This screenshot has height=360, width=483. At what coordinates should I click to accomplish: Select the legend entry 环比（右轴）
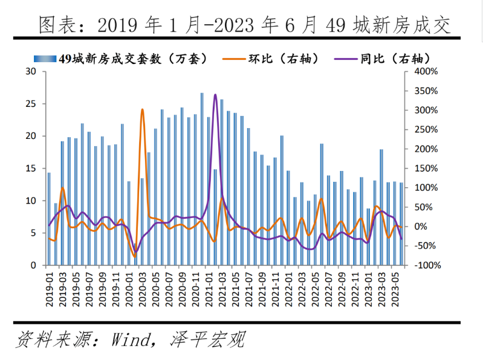pyautogui.click(x=278, y=59)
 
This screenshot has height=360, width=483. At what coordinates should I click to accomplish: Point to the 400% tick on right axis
pyautogui.click(x=426, y=72)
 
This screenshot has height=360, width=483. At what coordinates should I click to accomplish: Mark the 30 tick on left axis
pyautogui.click(x=31, y=72)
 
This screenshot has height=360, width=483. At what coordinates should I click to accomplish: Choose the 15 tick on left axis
pyautogui.click(x=31, y=169)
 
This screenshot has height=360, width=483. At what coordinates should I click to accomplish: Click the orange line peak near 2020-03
pyautogui.click(x=143, y=110)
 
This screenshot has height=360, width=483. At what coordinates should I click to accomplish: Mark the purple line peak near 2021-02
pyautogui.click(x=215, y=95)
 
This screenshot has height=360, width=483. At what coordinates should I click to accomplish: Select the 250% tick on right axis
pyautogui.click(x=426, y=130)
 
